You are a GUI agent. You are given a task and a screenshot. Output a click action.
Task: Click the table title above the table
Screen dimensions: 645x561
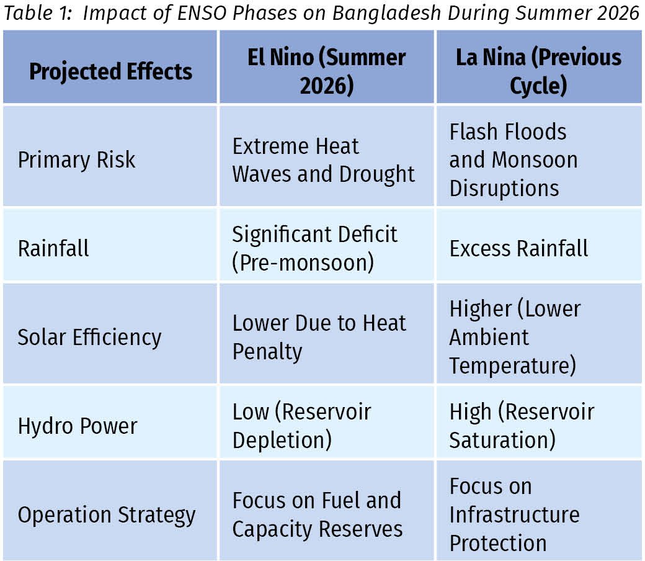pyautogui.click(x=321, y=13)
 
